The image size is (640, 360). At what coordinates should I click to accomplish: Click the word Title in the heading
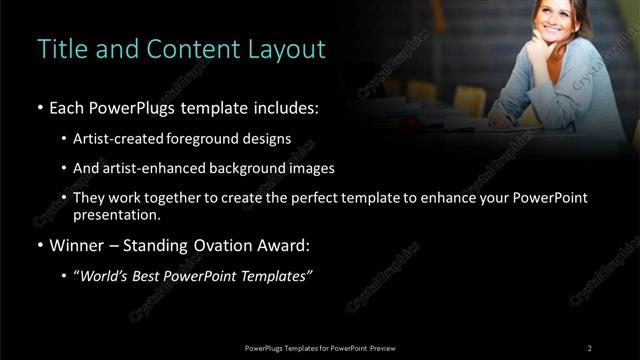[60, 48]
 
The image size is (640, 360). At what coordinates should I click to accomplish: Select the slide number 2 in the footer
[590, 347]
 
